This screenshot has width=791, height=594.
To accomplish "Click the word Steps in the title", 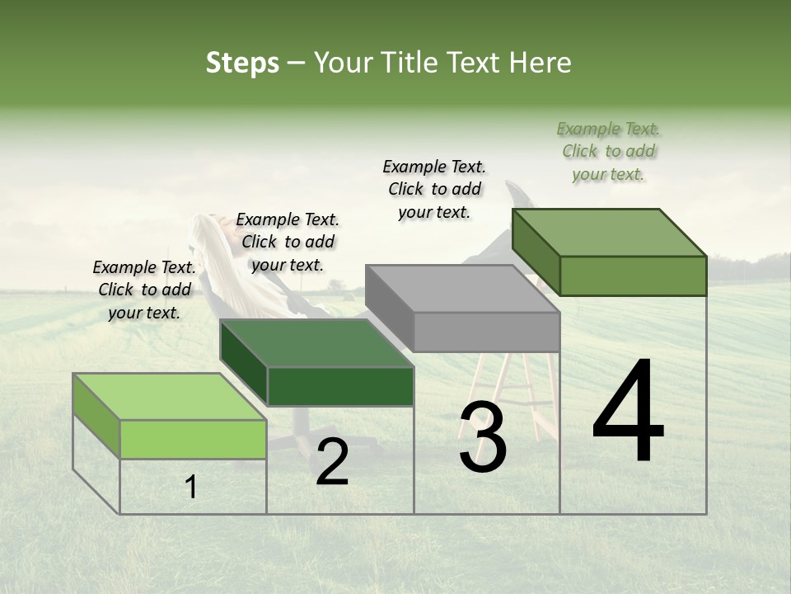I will coord(242,63).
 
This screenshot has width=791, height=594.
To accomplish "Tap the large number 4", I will coord(628,413).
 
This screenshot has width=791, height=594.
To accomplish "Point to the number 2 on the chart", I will coord(332,462).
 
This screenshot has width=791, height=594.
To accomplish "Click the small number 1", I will coord(191,488).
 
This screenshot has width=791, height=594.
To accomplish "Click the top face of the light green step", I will coord(170,396).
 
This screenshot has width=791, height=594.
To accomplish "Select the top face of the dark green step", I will coord(316,342).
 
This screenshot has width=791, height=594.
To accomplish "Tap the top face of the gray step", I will coord(462,289).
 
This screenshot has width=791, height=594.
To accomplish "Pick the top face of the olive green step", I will coord(610,232).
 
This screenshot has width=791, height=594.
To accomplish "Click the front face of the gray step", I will coord(486,332).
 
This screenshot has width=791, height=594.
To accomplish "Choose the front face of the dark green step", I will coord(340,386).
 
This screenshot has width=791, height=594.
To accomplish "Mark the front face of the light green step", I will coord(193,439).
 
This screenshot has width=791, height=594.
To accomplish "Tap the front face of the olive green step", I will coord(633,276).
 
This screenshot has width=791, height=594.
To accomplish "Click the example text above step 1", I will coord(144,290).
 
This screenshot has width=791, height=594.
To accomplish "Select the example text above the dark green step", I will coord(288,242).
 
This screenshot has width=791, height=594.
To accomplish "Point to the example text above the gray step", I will coord(434,189).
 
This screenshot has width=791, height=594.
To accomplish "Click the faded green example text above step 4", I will coord(609,151).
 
